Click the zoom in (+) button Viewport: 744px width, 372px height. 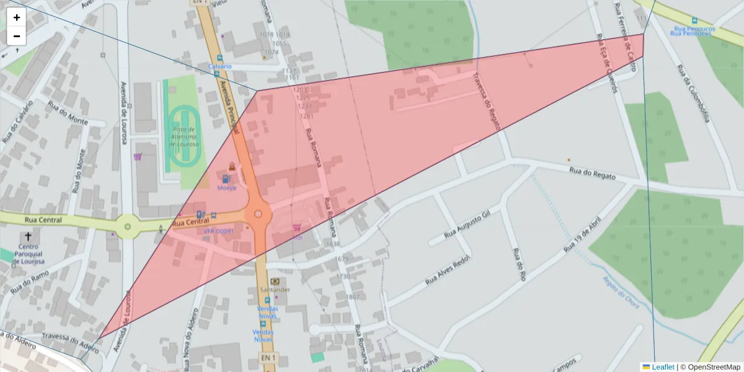coord(17,17)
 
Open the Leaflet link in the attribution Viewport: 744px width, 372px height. coord(662,367)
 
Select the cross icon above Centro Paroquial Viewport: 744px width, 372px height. coord(27,237)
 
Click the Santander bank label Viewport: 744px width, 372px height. coord(274,290)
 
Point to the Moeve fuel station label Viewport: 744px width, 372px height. coord(226,187)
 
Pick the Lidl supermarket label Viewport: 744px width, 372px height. coord(297,237)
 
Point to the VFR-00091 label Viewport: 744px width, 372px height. coord(219,231)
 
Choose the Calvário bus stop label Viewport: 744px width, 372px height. coord(220,66)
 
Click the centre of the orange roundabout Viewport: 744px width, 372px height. coord(259,214)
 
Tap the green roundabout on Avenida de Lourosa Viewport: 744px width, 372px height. coord(128,226)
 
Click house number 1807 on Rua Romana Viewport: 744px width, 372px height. coord(353,297)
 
